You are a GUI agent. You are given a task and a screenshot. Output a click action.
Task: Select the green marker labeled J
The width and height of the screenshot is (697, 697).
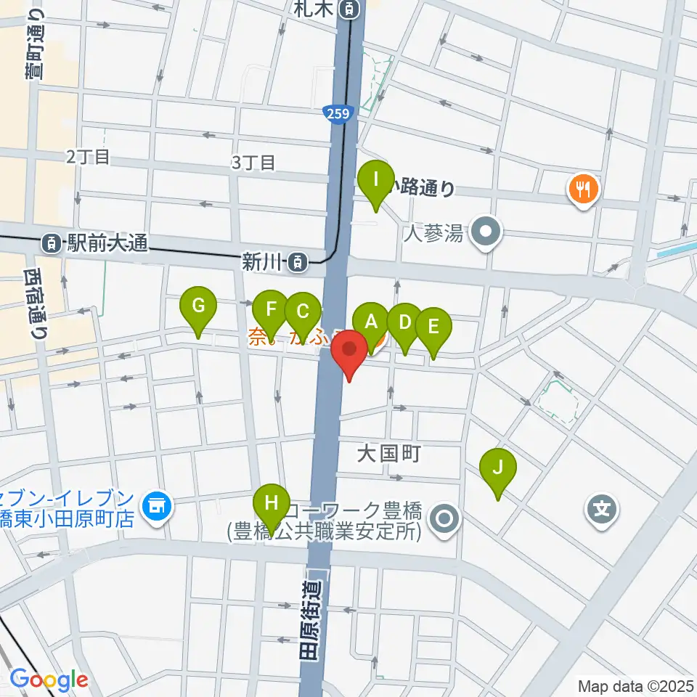coord(497,468)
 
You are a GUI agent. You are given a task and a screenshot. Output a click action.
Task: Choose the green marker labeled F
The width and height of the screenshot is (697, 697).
coord(272,310)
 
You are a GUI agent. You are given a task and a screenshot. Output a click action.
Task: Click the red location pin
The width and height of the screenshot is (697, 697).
coord(349,350)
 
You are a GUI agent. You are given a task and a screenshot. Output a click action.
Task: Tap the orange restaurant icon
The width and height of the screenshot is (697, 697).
coord(582,189)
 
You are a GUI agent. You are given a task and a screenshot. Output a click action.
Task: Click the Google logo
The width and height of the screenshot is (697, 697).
coord(48,680)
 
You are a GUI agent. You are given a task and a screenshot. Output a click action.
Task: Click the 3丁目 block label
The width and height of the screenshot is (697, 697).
coord(253,163)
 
